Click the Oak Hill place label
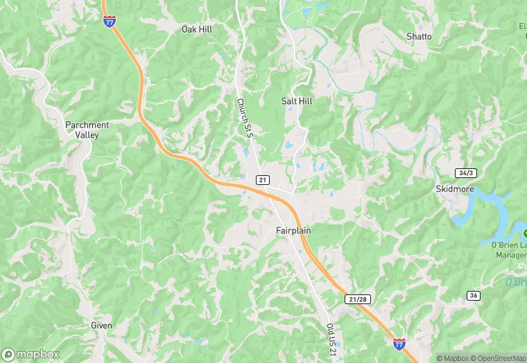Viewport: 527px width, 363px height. pos(196,30)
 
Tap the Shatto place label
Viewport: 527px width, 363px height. pos(419,37)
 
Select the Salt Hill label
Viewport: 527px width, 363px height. pos(297,101)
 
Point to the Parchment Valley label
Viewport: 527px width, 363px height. pos(87,130)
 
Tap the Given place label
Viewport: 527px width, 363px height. pos(101,325)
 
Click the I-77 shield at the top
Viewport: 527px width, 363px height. pos(110,21)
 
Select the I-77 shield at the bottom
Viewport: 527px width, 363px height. pos(399,343)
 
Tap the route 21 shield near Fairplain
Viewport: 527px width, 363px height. pos(262,180)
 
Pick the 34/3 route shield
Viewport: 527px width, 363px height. pos(447,172)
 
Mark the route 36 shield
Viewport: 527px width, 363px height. pos(474,296)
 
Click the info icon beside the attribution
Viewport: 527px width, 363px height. pos(429,358)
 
